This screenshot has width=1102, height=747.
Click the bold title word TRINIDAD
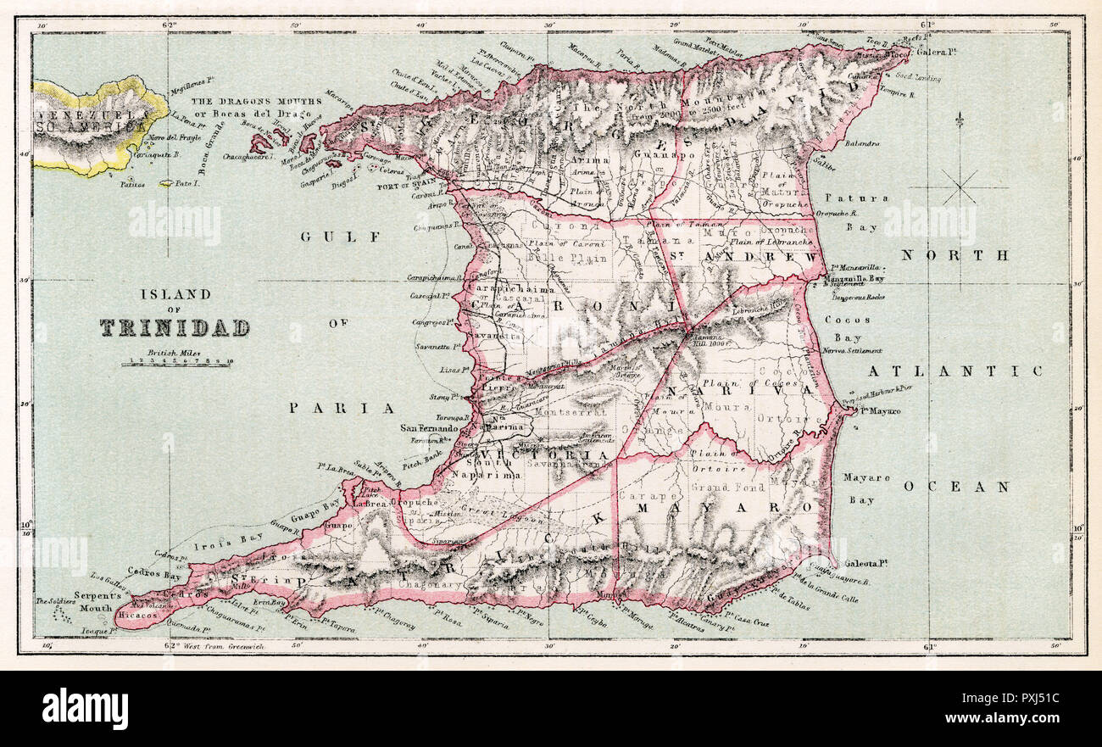coord(175,327)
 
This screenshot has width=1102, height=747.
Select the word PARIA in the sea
coord(342,408)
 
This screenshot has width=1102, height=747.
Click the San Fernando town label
coord(429,429)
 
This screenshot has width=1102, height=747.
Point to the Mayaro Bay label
coord(865,488)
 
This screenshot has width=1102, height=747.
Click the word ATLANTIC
coord(955,371)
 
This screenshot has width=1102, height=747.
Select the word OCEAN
coord(956,487)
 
